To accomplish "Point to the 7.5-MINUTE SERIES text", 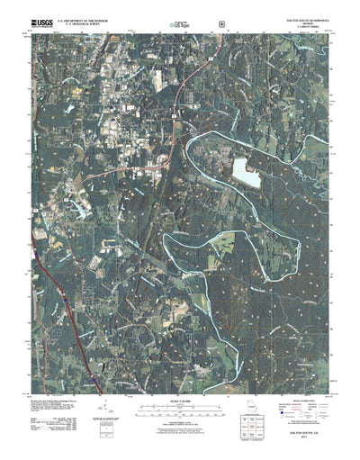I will (297, 23).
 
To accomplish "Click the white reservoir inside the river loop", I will (246, 172).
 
